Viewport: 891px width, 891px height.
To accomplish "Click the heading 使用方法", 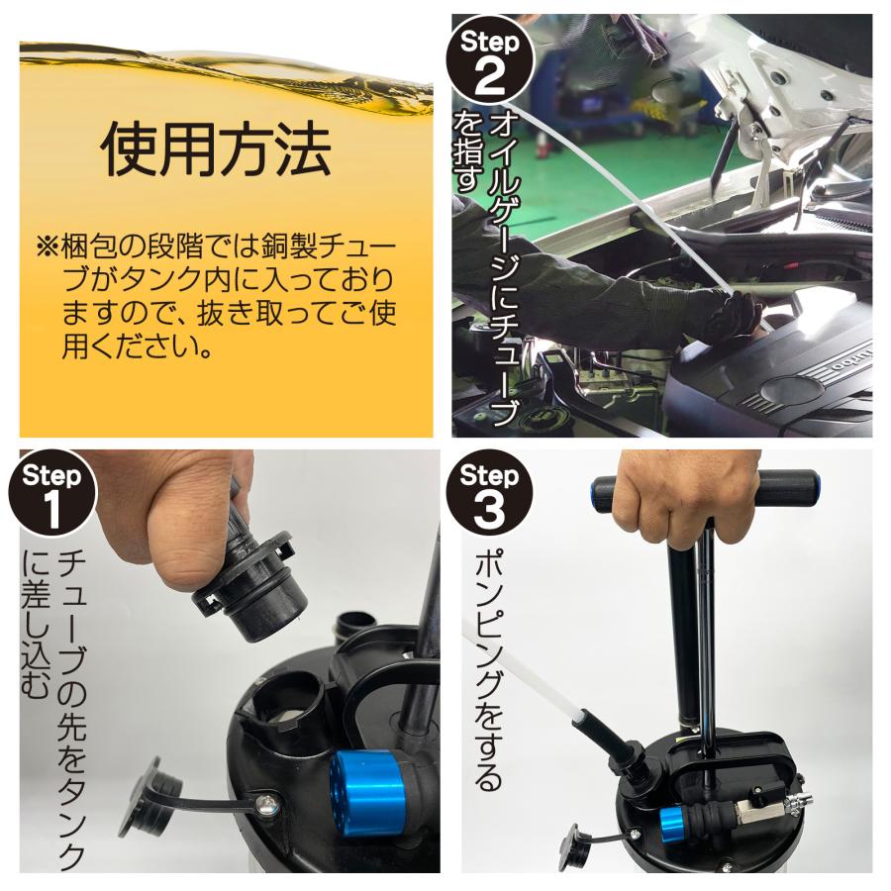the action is (216, 150).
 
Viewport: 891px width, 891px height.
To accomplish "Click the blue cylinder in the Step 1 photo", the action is (363, 793).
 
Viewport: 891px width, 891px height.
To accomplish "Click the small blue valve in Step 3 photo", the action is (673, 820).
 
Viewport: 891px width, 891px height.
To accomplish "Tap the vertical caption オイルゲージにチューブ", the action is (505, 267).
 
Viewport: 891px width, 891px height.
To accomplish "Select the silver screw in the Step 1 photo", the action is (267, 804).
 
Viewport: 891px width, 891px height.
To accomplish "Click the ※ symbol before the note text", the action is (47, 247).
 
